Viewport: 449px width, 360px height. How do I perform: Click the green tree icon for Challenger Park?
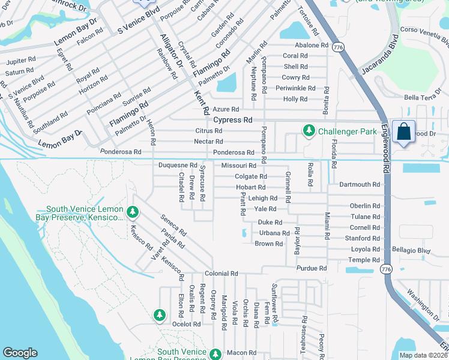(309, 130)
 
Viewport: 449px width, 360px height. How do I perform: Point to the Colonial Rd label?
(221, 273)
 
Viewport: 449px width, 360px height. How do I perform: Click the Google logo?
(20, 353)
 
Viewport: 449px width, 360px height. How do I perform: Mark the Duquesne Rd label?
(177, 165)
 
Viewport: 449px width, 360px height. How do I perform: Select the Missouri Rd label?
(238, 165)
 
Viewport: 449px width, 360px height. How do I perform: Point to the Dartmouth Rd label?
(360, 185)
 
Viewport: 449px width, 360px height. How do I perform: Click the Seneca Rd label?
(173, 225)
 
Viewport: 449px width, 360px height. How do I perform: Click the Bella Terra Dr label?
(424, 97)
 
